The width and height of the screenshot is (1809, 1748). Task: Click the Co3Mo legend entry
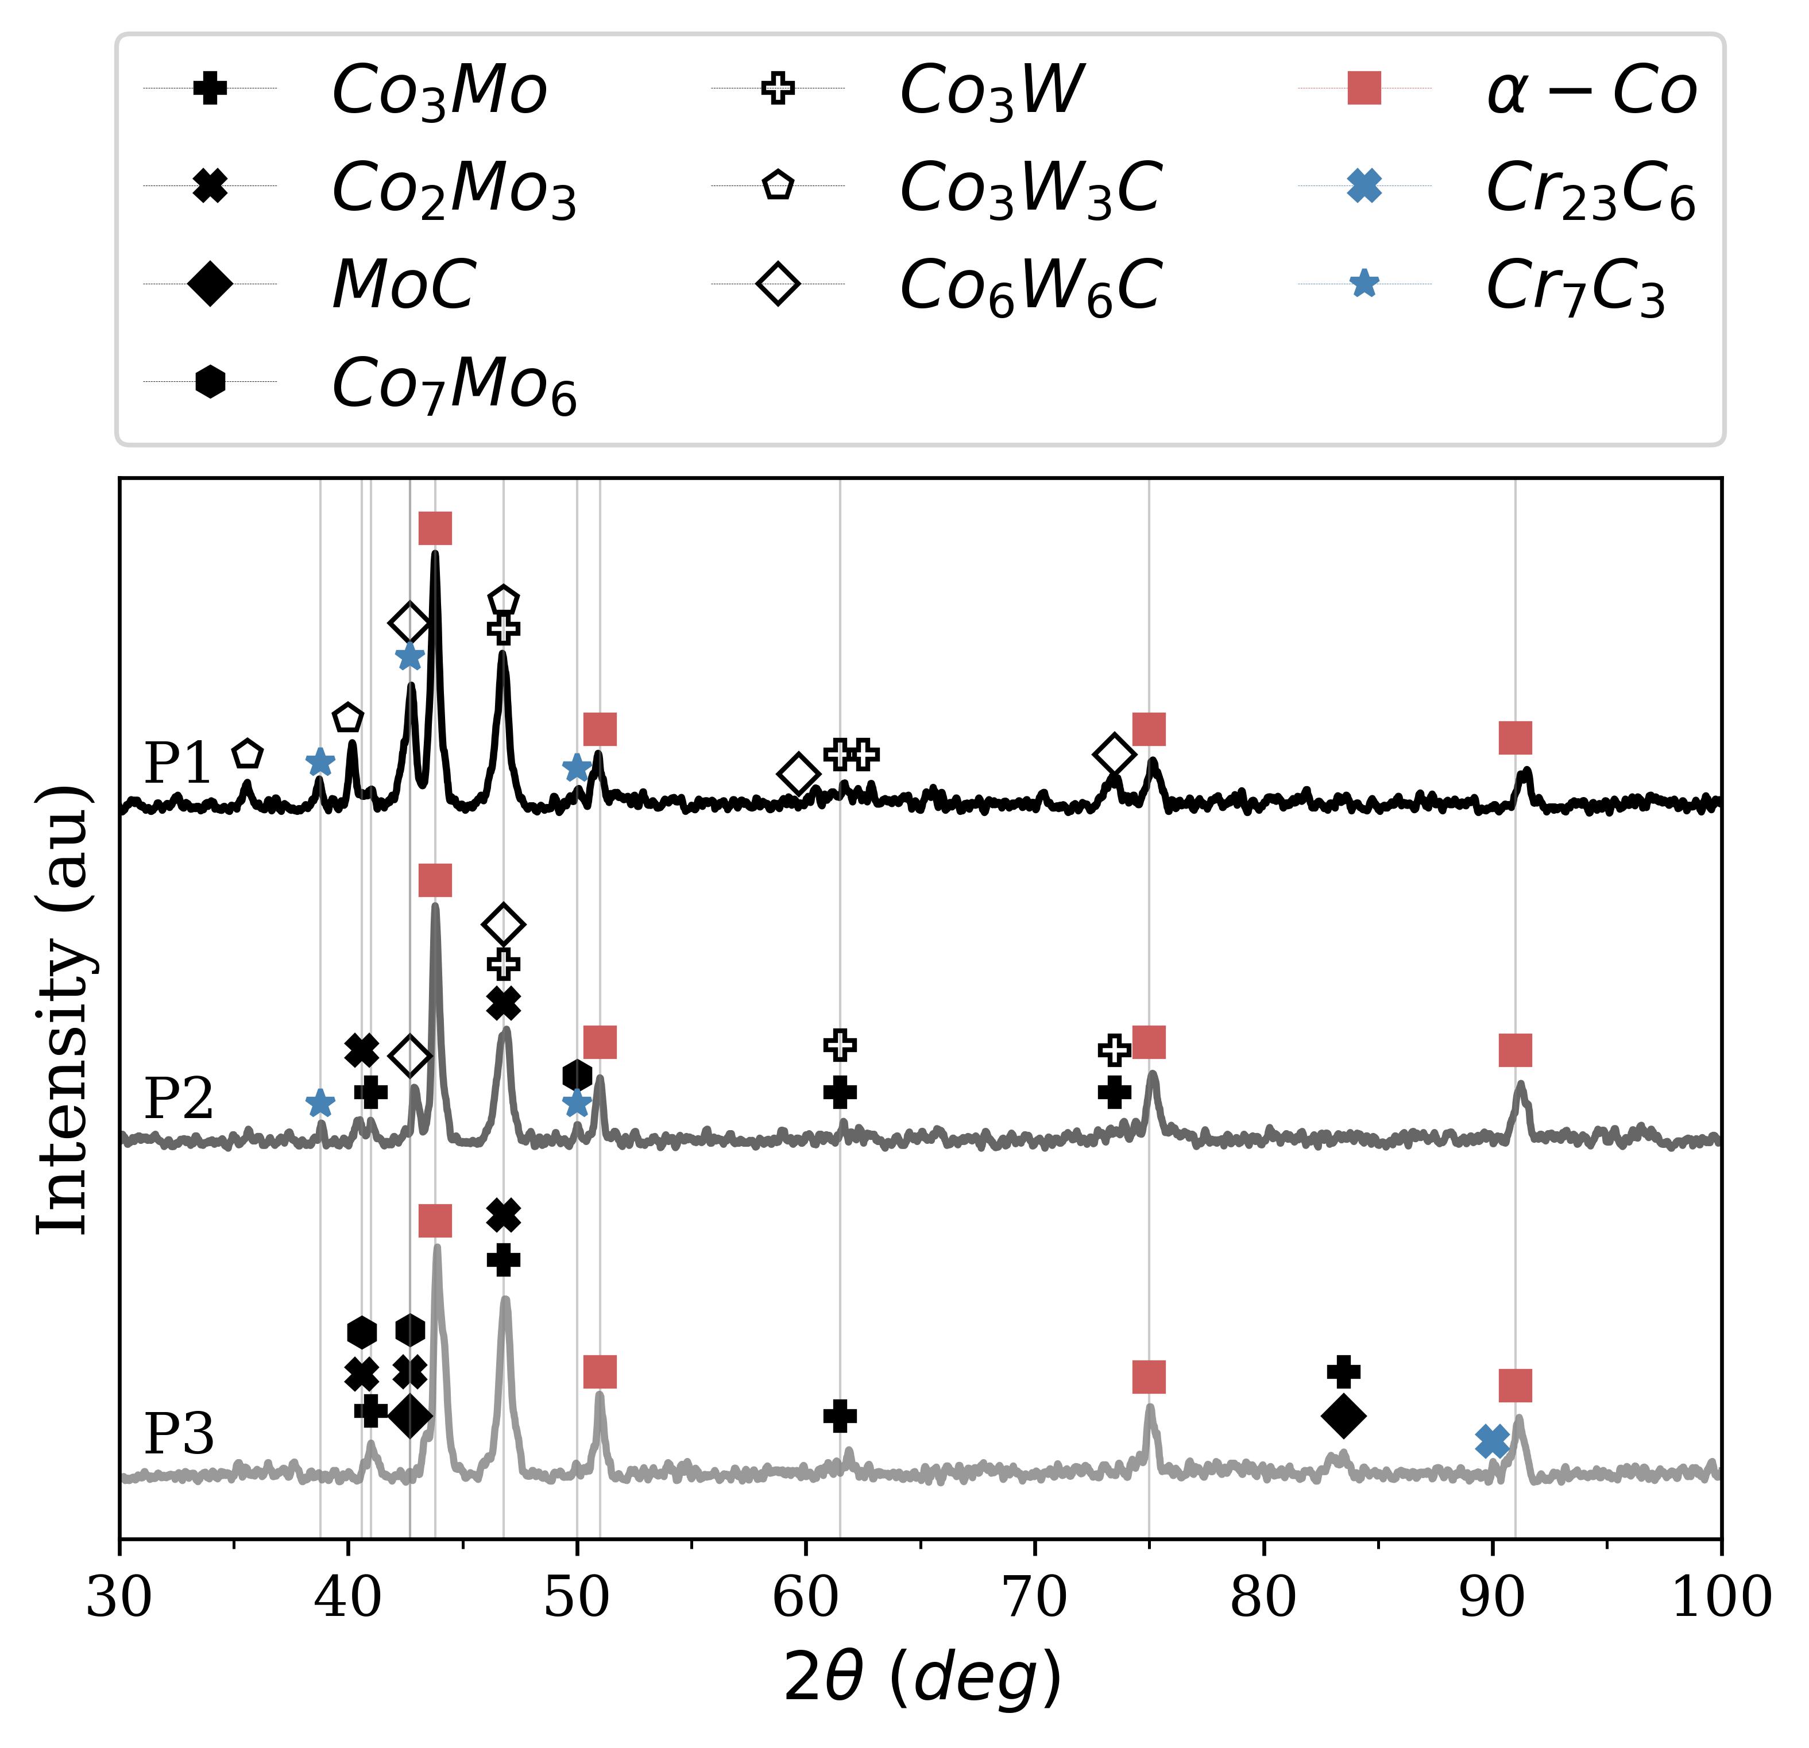438,91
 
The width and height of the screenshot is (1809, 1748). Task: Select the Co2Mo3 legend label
453,188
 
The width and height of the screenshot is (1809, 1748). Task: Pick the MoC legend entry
403,284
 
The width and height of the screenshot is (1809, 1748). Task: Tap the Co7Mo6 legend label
453,383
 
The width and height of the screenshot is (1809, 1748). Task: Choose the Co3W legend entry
990,91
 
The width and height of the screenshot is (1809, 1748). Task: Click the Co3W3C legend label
1029,188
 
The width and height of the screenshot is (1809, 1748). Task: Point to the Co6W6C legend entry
1029,284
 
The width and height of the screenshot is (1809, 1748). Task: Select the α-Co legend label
1590,91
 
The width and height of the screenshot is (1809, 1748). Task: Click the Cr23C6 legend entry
1590,188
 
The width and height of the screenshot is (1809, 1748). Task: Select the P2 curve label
178,1099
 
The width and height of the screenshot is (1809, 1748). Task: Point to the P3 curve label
178,1433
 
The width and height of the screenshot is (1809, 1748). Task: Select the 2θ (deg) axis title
922,1678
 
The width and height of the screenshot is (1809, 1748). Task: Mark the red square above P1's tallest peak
435,529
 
